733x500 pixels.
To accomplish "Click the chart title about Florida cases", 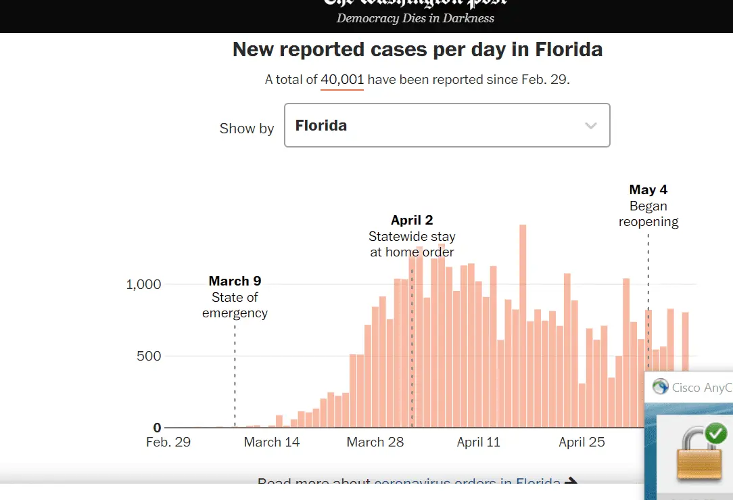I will (417, 50).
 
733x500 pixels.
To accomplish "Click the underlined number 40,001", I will (342, 80).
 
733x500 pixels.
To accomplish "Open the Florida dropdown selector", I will (447, 125).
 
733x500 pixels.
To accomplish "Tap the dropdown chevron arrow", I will (590, 126).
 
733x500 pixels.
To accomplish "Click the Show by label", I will (247, 129).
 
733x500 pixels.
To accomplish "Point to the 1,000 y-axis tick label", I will (143, 284).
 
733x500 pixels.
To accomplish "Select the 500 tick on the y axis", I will (148, 356).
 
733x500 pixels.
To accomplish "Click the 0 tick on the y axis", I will (157, 428).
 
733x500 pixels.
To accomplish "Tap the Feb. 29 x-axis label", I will (168, 442).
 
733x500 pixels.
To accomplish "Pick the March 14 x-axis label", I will (272, 442).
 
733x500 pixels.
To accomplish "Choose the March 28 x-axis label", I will (375, 442).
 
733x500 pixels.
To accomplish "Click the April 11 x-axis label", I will (479, 442).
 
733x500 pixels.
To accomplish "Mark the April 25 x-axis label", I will (582, 442).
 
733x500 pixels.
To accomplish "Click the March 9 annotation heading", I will (235, 281).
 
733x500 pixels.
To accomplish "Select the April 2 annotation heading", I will (412, 220).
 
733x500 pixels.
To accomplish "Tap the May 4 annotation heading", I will (648, 190).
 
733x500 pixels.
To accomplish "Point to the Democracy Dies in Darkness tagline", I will (415, 18).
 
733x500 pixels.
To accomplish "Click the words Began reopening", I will (648, 214).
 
